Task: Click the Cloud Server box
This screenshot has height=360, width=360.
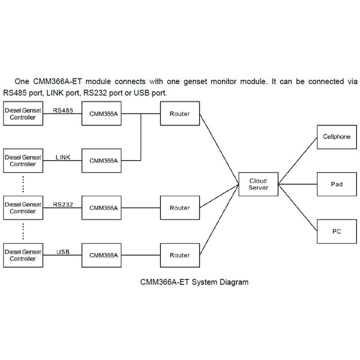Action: pos(258,184)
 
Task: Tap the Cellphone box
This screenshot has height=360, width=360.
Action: pos(337,137)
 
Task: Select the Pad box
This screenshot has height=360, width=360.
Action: pos(337,184)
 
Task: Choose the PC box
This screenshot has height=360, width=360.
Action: pos(337,231)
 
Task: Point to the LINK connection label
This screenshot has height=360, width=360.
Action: pos(62,157)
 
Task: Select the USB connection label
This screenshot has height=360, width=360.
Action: pos(62,251)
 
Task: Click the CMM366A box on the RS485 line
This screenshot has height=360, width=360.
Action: pos(103,113)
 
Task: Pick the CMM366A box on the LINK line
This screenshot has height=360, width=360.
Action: pos(103,161)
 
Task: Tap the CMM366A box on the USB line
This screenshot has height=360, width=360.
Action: pos(103,255)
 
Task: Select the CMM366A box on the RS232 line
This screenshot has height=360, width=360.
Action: pos(103,208)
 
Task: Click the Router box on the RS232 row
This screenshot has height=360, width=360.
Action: pos(179,208)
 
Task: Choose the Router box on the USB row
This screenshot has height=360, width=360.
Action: pos(179,255)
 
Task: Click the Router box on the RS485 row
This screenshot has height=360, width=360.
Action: pos(179,113)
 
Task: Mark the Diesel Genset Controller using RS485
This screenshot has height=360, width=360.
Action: pos(23,113)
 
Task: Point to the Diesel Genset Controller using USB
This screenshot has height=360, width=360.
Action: pos(23,255)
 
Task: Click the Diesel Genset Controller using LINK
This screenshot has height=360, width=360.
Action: pos(23,161)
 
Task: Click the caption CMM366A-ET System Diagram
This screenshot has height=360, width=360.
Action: pos(193,281)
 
